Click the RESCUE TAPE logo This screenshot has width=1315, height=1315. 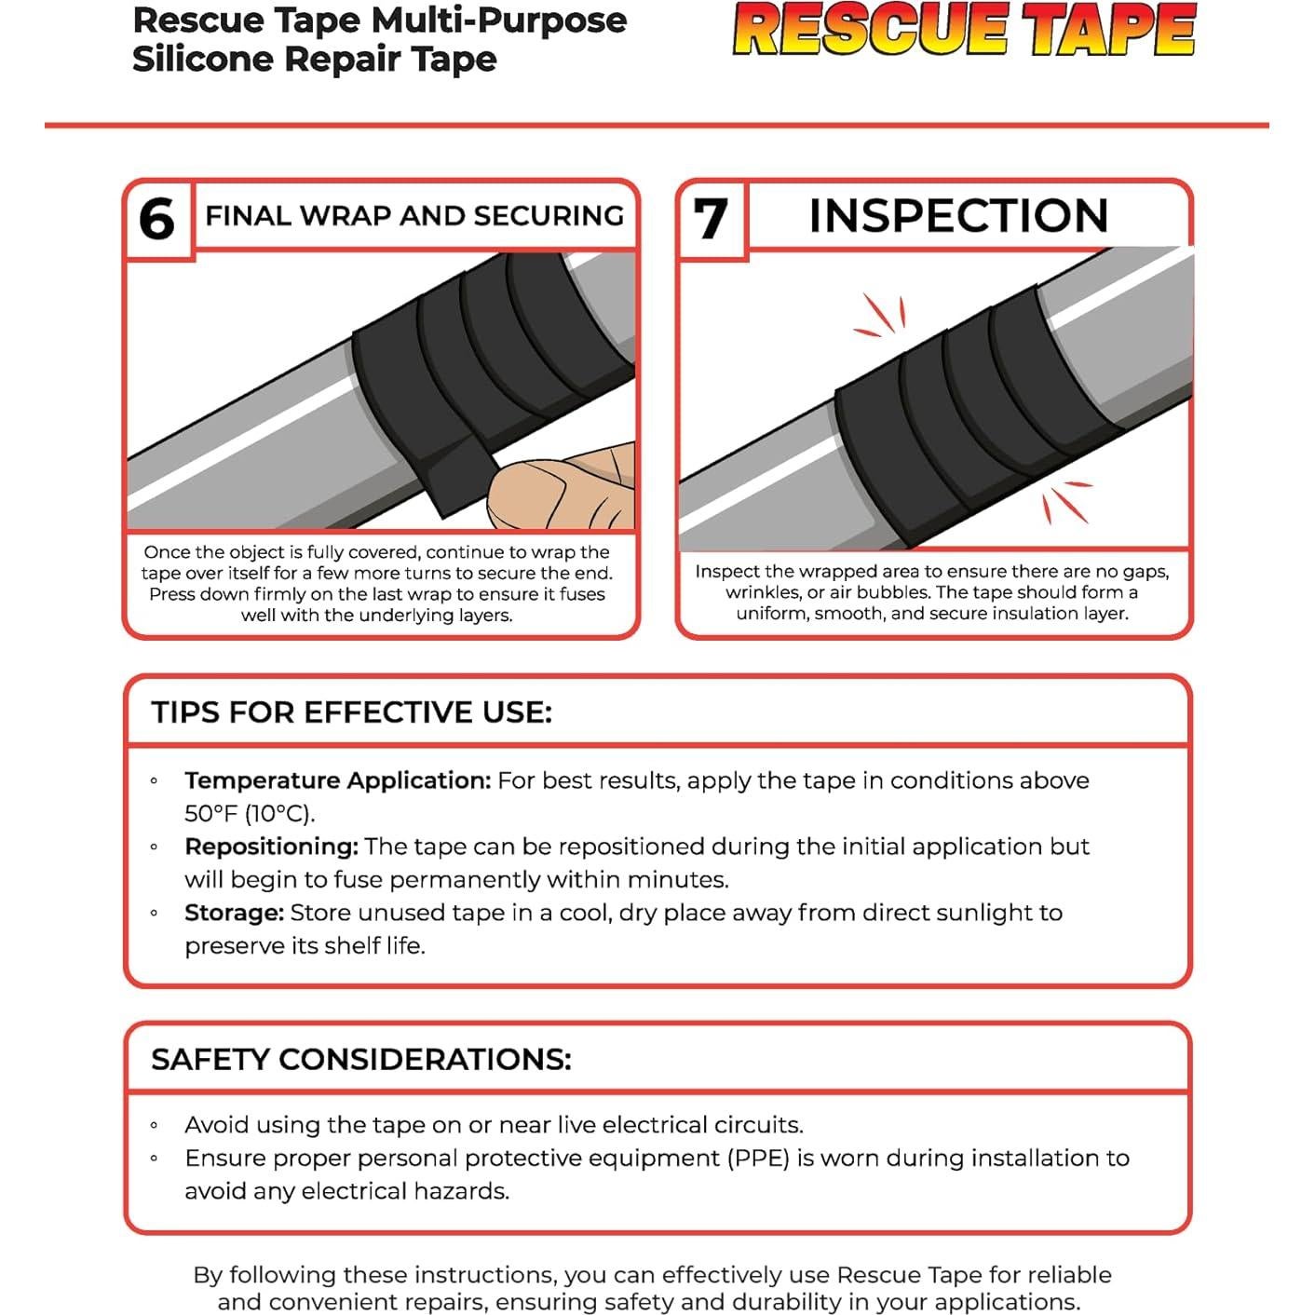[964, 30]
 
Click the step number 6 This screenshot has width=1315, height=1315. [156, 220]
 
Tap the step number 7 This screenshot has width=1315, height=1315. [711, 219]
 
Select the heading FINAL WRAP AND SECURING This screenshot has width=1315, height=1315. [413, 216]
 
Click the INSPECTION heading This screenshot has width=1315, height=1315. [958, 216]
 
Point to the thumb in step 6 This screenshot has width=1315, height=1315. [559, 488]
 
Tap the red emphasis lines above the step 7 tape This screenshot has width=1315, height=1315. [880, 317]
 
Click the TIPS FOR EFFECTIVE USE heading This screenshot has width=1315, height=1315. [351, 712]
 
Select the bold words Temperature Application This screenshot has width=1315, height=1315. [337, 780]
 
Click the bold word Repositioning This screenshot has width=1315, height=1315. [271, 847]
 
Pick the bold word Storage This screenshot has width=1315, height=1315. [234, 913]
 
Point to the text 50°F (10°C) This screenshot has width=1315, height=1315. [249, 813]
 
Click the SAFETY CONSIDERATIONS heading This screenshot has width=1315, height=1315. [360, 1059]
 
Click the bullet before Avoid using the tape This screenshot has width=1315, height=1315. [155, 1126]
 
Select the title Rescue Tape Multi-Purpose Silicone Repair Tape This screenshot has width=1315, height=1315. [379, 39]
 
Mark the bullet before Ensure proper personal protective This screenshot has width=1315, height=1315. [155, 1159]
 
